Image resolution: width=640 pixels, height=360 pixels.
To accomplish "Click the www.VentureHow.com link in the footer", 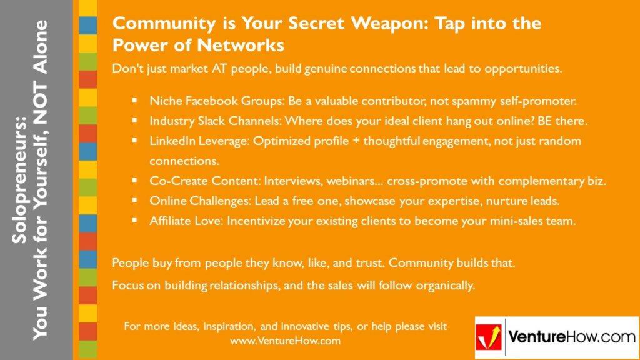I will point(285,341).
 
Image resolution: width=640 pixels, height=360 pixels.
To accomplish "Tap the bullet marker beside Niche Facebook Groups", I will point(134,101).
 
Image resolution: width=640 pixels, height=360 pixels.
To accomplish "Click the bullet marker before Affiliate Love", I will point(134,221).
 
